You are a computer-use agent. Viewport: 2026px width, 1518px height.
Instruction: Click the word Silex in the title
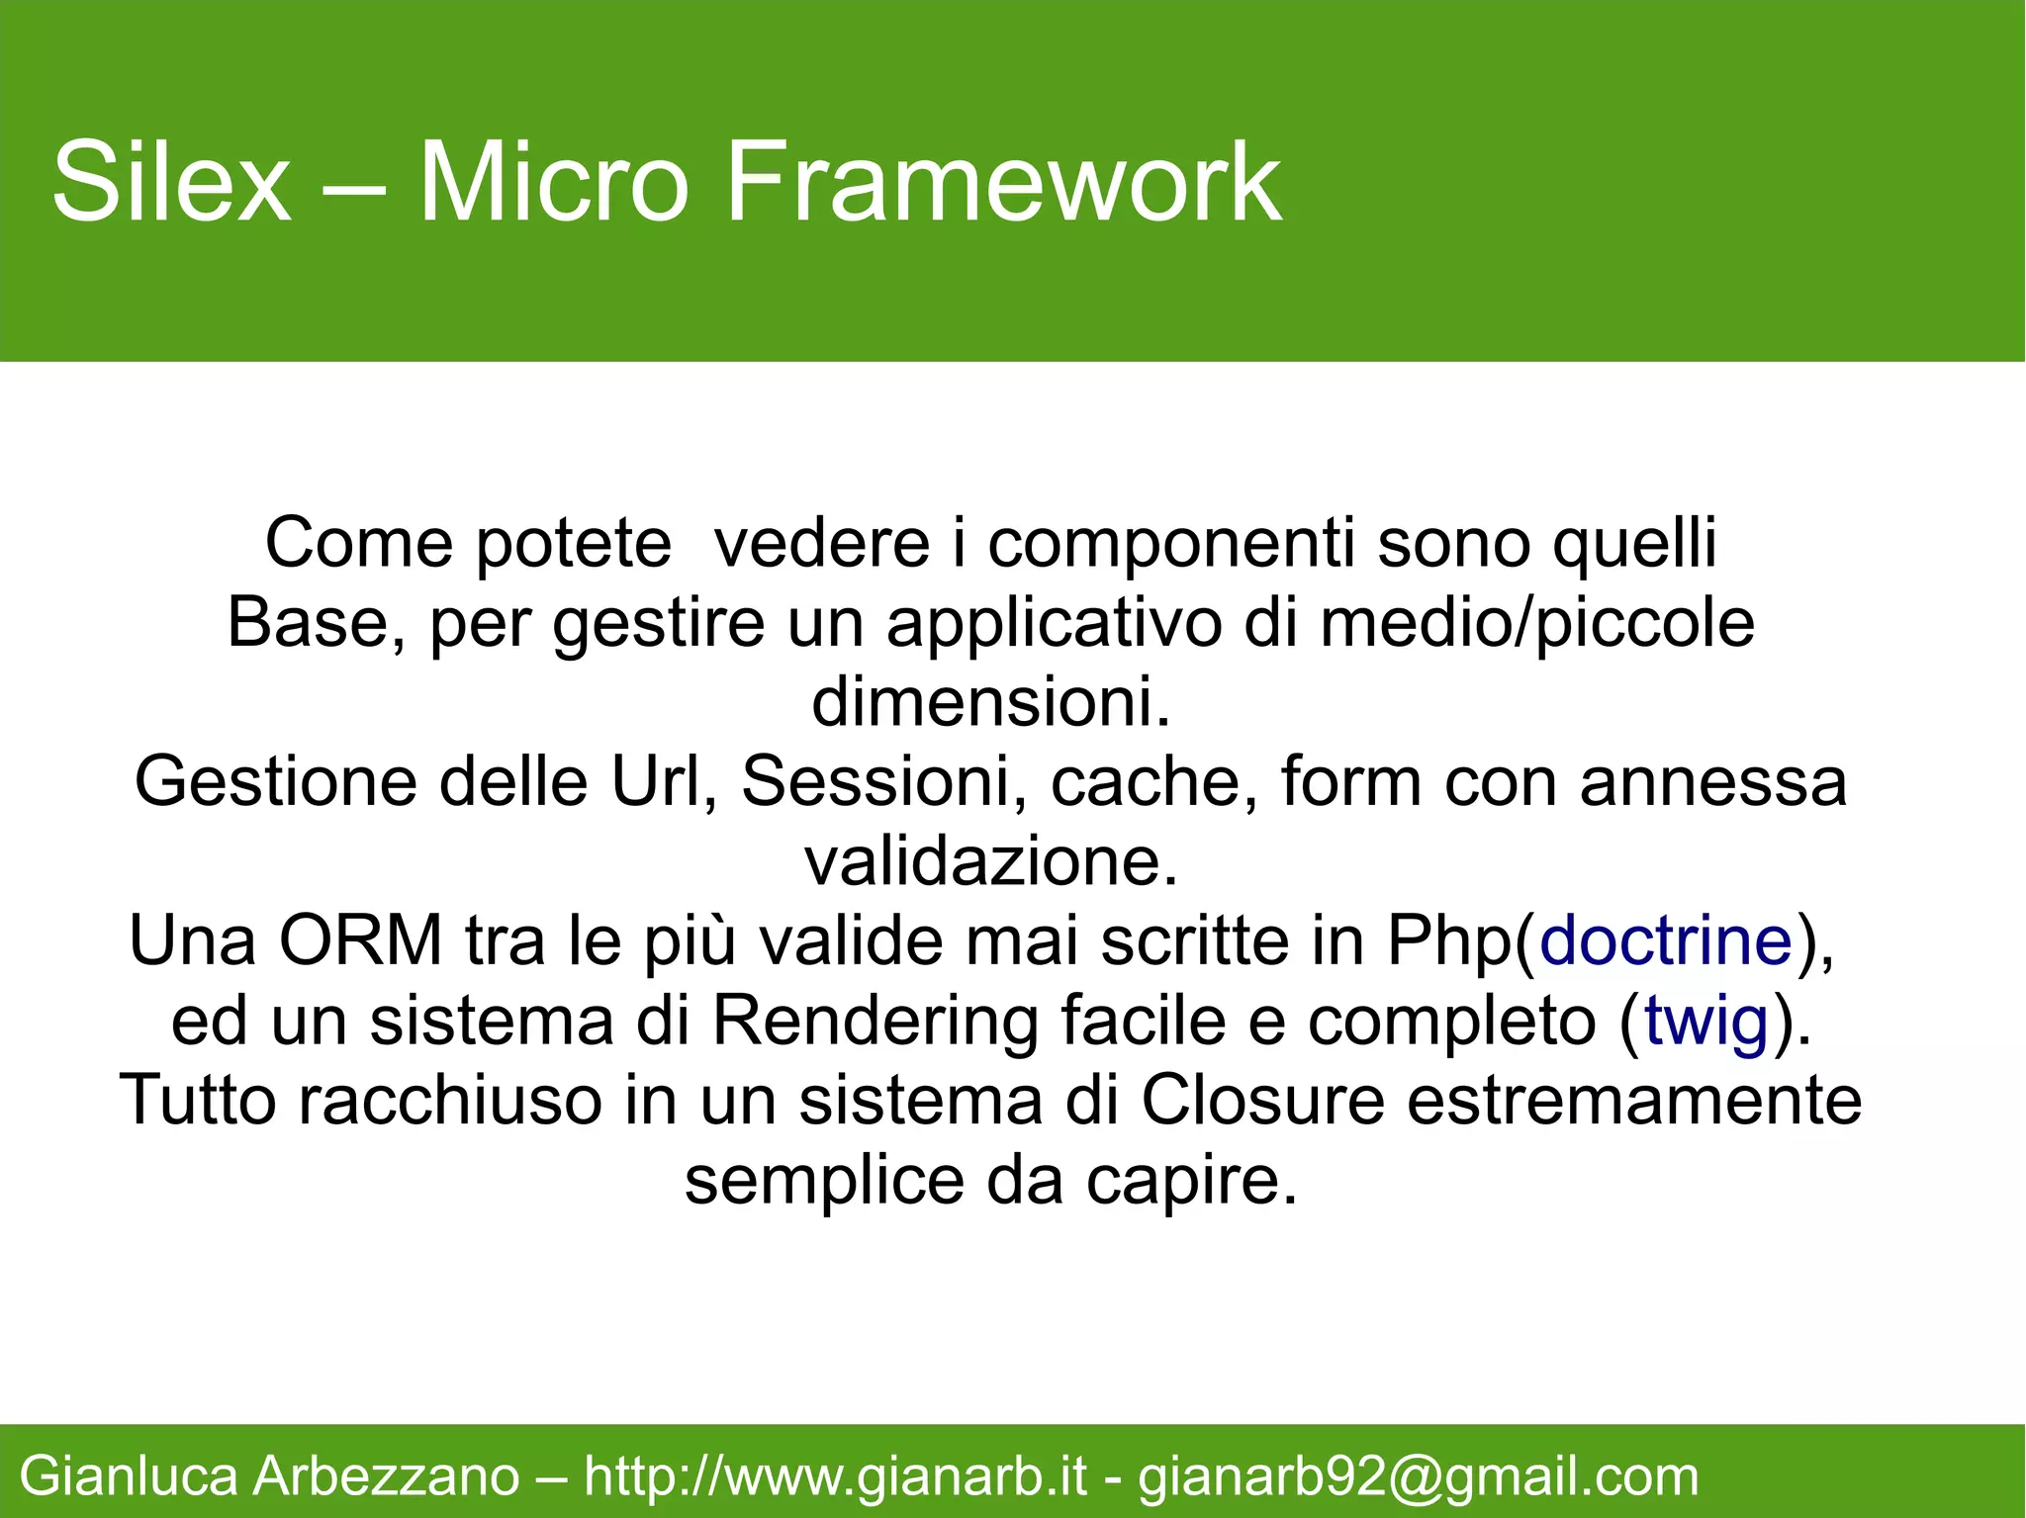[171, 183]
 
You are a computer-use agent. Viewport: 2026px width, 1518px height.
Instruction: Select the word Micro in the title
[553, 183]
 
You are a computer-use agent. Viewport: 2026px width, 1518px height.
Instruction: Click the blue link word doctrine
[1666, 940]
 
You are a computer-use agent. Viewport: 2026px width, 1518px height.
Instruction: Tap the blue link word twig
[1705, 1021]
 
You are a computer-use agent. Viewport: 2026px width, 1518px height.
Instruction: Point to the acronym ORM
[360, 940]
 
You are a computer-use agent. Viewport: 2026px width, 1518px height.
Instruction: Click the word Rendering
[875, 1021]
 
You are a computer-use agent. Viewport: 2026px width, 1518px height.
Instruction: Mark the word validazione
[991, 861]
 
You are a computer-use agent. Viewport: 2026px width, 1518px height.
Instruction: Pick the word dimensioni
[991, 701]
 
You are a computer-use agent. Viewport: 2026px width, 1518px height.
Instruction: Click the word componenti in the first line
[1171, 543]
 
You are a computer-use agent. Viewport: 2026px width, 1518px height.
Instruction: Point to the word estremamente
[1634, 1100]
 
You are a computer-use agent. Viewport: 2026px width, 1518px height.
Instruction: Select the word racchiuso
[450, 1100]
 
